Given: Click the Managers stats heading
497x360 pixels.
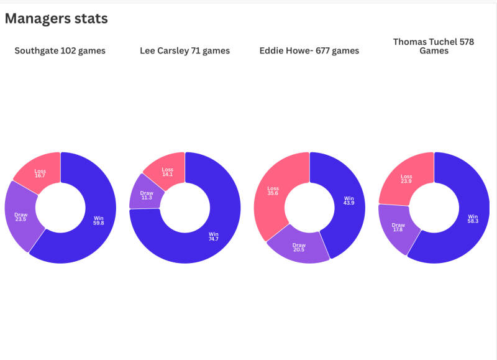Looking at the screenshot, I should click(57, 19).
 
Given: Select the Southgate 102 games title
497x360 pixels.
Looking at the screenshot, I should click(60, 51).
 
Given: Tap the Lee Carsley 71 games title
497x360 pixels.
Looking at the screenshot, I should click(185, 51).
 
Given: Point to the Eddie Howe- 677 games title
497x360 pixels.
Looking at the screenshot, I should click(309, 51).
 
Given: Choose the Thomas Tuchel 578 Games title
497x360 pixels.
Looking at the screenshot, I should click(434, 46).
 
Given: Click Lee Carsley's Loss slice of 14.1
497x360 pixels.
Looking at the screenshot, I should click(167, 172).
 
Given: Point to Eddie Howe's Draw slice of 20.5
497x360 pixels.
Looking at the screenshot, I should click(299, 246).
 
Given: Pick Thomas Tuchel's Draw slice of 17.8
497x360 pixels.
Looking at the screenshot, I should click(398, 228).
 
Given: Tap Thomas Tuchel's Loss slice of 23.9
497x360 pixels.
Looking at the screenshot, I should click(406, 179).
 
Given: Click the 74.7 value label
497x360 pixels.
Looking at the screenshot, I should click(213, 239).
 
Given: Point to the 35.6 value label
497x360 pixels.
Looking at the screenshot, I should click(273, 193).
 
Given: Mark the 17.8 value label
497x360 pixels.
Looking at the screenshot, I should click(398, 230).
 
